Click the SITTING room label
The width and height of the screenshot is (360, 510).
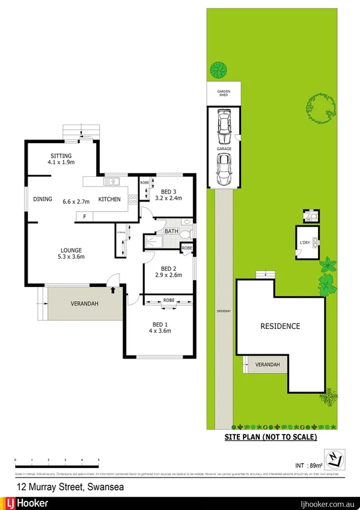60,155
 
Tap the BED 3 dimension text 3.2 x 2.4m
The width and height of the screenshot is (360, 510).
168,198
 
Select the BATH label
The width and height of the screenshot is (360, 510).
171,231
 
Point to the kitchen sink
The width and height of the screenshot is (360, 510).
112,182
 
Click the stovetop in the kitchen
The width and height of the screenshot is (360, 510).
132,199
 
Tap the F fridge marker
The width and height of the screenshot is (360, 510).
85,216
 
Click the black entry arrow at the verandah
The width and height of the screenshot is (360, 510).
114,289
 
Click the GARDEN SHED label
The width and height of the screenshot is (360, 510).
223,93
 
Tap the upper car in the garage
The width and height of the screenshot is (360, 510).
224,124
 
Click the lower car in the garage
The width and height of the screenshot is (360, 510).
223,170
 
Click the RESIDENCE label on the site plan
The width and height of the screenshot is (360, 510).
279,327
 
